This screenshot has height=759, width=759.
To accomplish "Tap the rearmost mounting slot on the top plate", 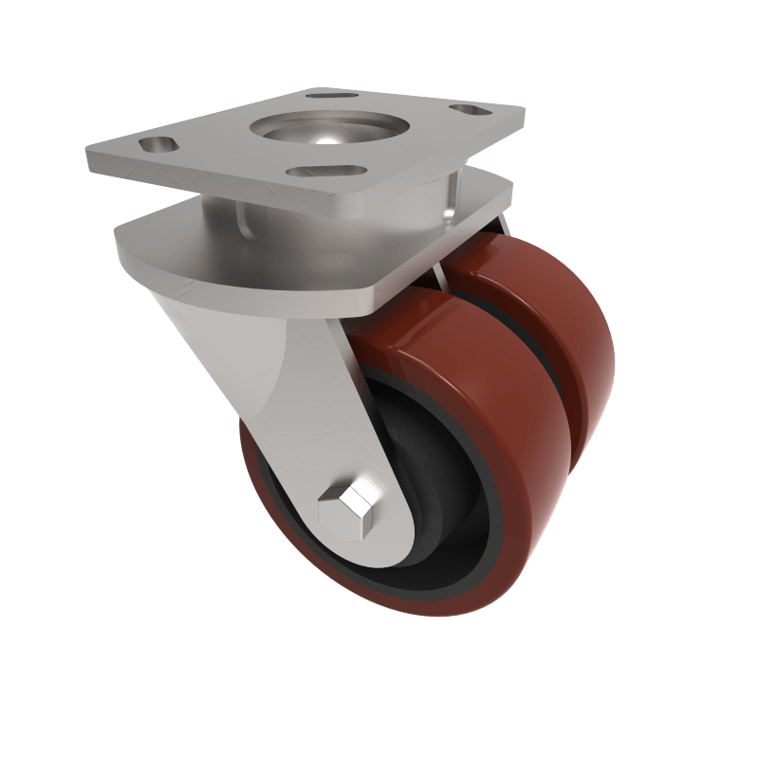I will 332,96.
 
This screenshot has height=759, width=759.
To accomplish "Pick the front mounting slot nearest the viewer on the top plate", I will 325,172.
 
